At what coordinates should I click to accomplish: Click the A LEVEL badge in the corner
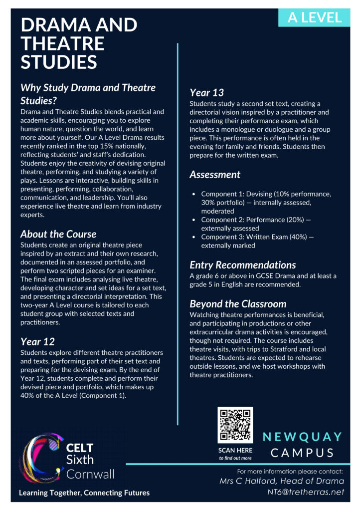(x=315, y=17)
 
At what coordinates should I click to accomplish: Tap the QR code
(x=235, y=424)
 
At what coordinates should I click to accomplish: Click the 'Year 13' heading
(x=206, y=92)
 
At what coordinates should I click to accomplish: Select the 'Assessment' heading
(x=215, y=175)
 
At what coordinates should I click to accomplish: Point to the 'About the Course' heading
(x=58, y=234)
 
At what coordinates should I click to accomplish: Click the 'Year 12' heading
(x=37, y=342)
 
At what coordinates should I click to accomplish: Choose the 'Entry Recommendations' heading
(x=242, y=265)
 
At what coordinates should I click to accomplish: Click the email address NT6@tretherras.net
(x=306, y=492)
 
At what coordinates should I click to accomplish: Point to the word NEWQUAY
(x=303, y=437)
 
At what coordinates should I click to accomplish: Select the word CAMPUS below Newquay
(x=303, y=453)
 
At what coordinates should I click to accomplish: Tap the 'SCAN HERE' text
(x=235, y=450)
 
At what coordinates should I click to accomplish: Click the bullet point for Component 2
(x=194, y=220)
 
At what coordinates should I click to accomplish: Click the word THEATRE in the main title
(x=62, y=43)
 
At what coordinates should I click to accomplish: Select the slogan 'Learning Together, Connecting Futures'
(x=84, y=493)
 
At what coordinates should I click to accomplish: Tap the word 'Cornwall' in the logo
(x=90, y=473)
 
